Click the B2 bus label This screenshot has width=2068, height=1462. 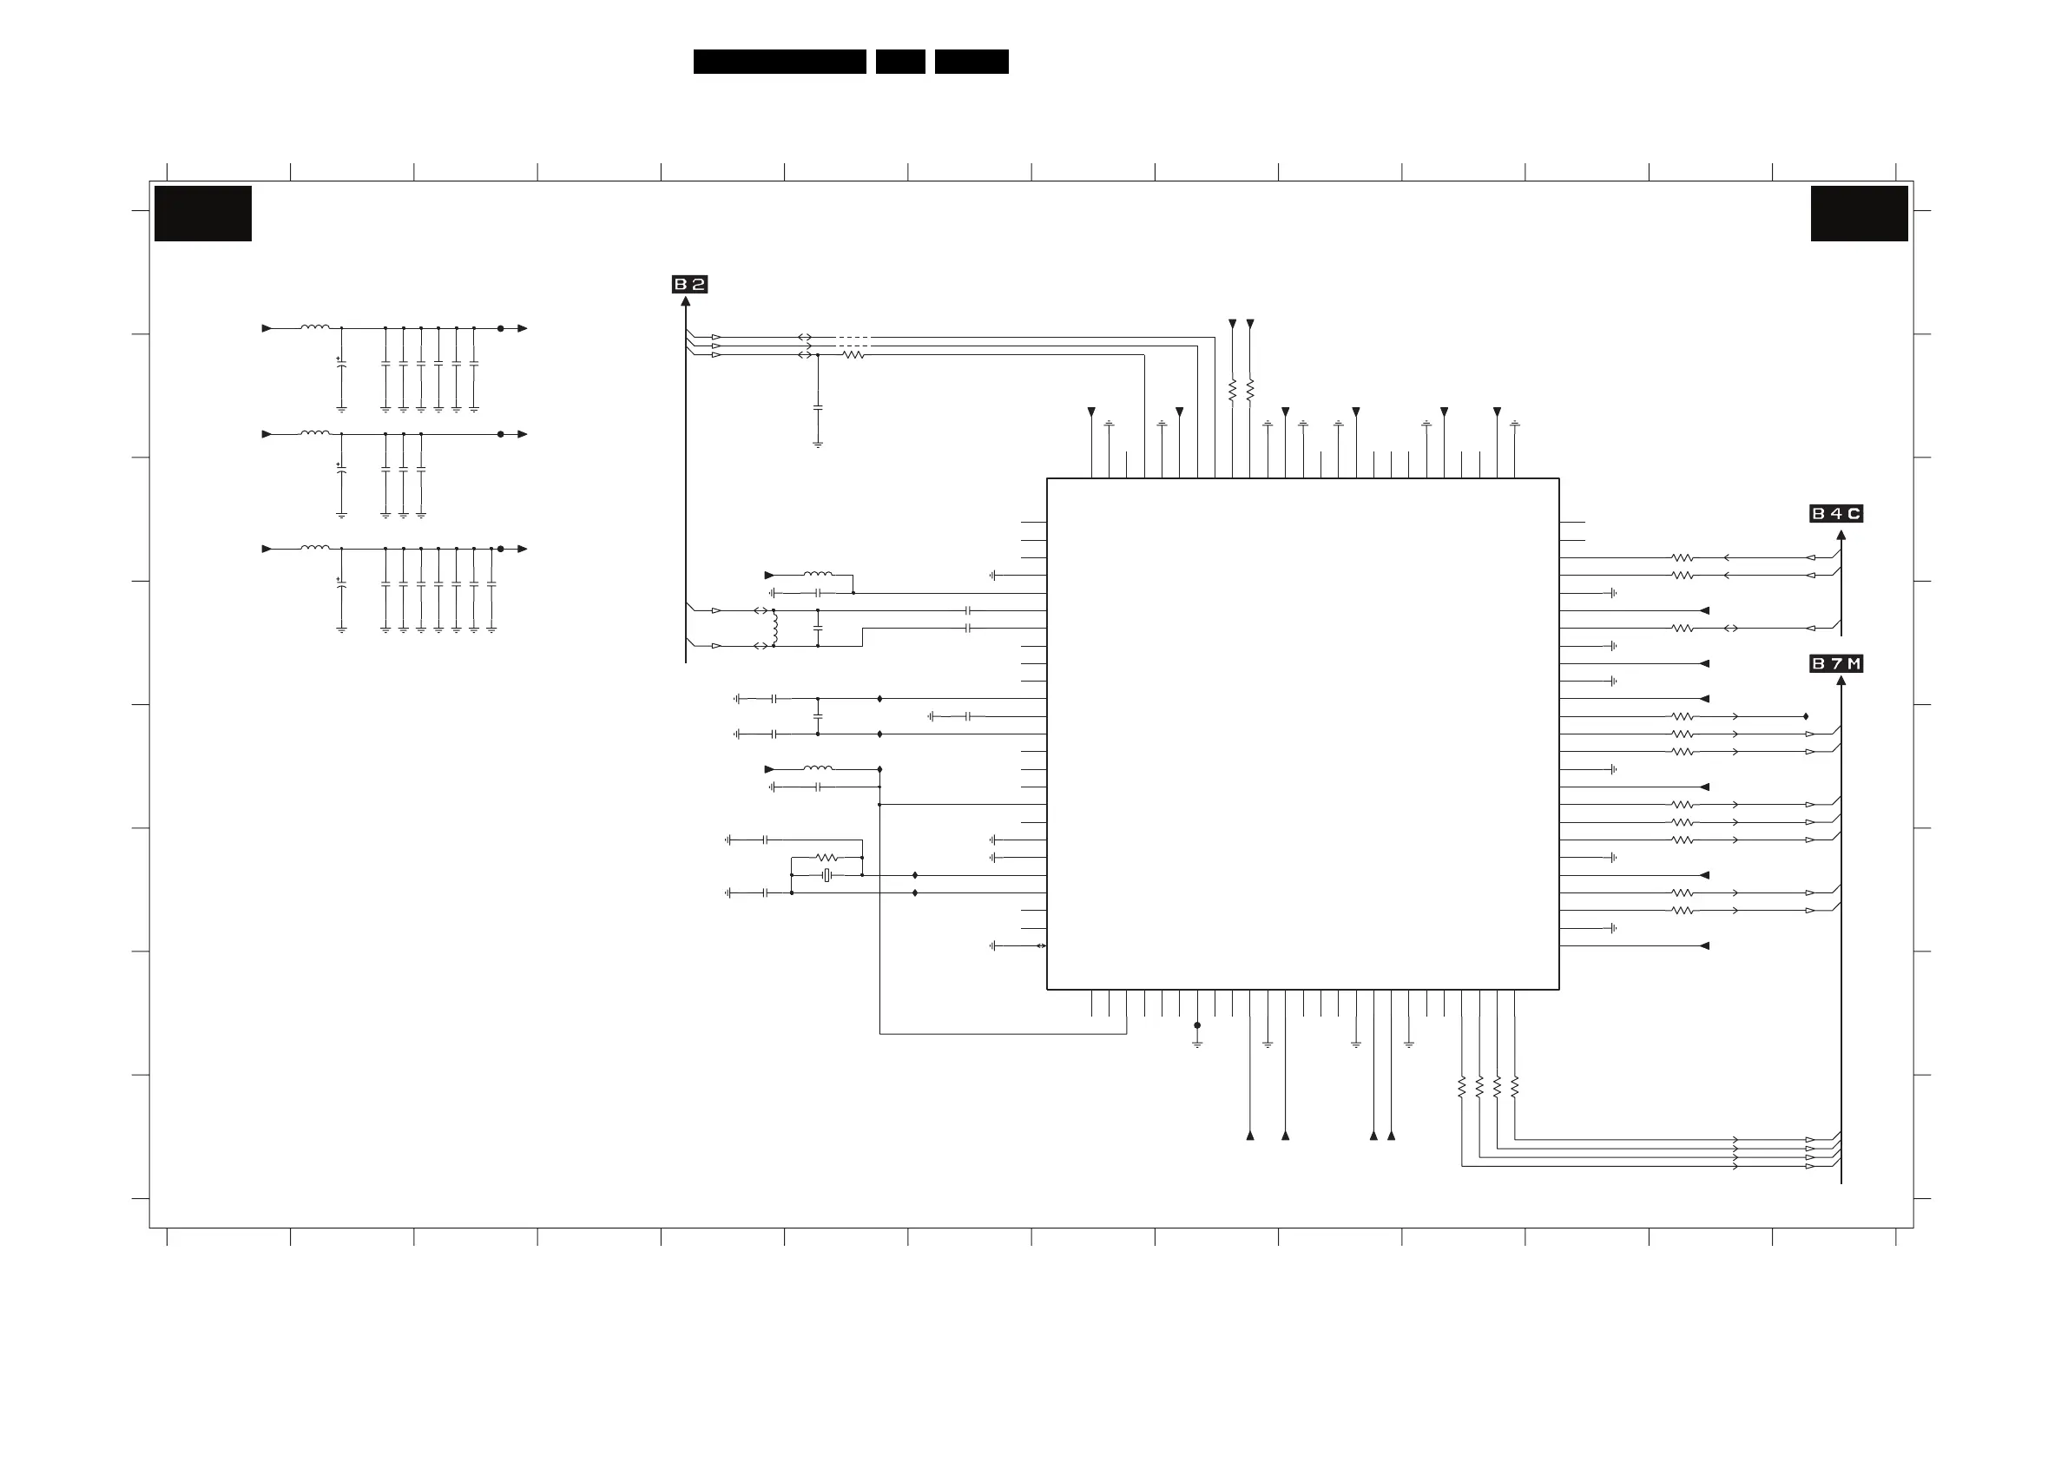tap(689, 285)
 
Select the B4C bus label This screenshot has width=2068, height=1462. tap(1835, 513)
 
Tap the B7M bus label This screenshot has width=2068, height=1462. tap(1835, 664)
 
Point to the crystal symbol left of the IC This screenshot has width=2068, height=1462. tap(827, 876)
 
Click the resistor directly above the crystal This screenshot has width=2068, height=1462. tap(827, 858)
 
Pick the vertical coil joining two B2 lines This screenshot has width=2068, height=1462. tap(774, 628)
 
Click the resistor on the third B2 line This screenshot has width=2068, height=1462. tap(853, 355)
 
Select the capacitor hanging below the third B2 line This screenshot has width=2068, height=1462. tap(818, 408)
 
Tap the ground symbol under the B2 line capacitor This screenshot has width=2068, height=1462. tap(818, 445)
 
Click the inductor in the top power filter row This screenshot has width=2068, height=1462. tap(314, 328)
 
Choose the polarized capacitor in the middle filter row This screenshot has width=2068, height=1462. tap(341, 469)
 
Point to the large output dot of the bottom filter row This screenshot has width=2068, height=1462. tap(501, 549)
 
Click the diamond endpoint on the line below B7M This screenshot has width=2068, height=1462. tap(1806, 716)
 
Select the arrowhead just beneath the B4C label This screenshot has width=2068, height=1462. tap(1841, 535)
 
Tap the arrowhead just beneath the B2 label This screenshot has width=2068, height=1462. tap(686, 302)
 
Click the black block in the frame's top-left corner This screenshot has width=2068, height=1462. tap(202, 214)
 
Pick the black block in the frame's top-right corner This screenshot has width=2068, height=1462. tap(1859, 214)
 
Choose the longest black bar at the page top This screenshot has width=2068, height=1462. tap(779, 62)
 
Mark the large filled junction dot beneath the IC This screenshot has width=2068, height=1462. tap(1197, 1025)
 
